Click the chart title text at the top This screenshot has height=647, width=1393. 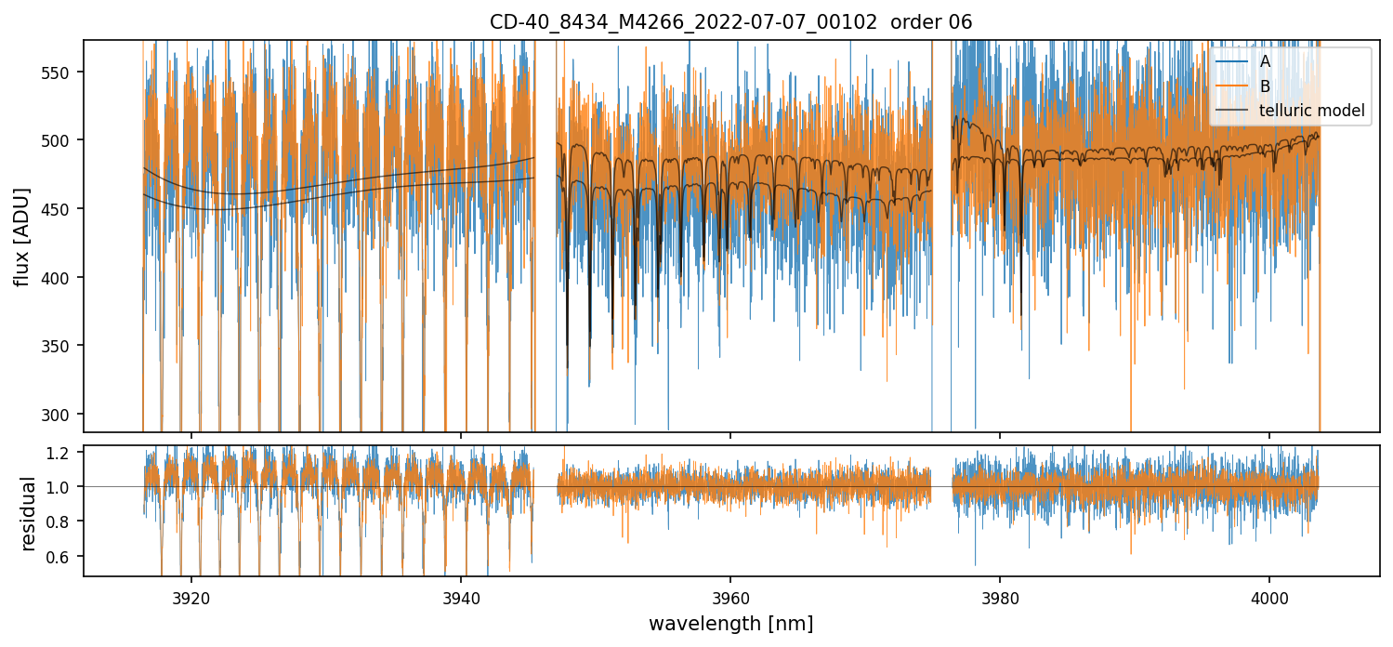(730, 22)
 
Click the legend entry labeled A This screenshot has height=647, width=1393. (1265, 62)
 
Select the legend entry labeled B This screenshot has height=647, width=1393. (1265, 86)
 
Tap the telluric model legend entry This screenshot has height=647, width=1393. (1311, 111)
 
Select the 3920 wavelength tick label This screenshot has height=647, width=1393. (191, 597)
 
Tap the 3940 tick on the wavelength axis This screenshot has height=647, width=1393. (461, 597)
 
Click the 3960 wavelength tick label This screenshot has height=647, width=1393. (730, 597)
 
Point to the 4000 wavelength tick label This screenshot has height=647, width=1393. (1269, 597)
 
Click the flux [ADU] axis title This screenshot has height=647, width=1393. (21, 236)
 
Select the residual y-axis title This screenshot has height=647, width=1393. (29, 513)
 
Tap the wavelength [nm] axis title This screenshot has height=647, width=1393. (730, 623)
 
